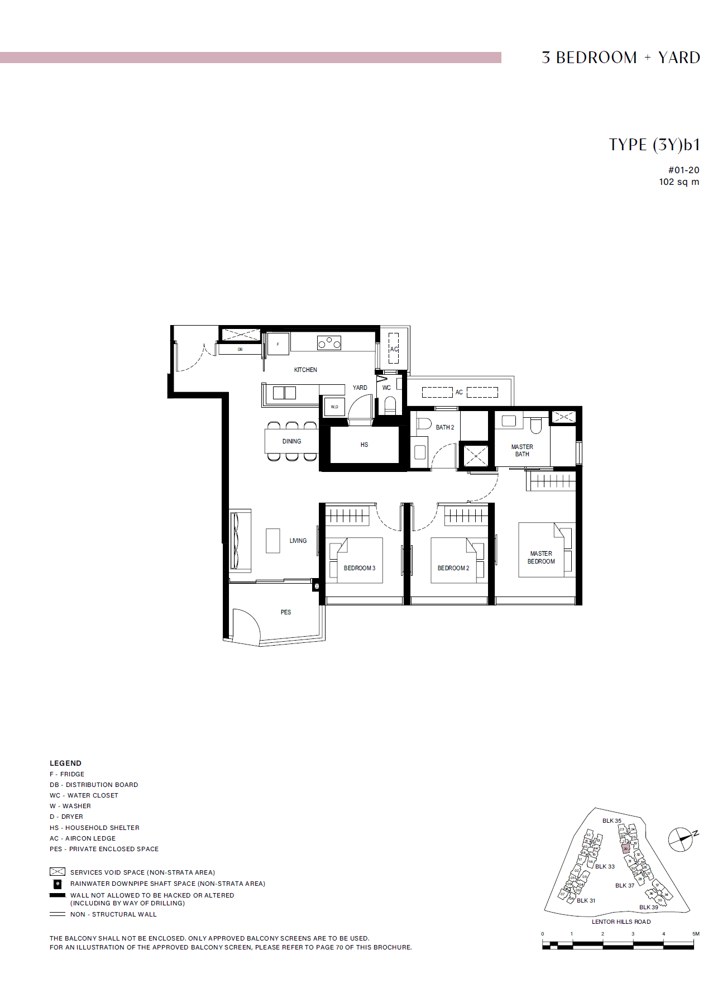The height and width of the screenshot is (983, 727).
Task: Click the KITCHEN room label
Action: pos(305,370)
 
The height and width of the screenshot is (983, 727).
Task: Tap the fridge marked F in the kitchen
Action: pos(278,344)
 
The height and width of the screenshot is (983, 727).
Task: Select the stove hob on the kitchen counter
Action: pos(329,342)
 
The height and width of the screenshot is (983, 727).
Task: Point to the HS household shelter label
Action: pos(364,445)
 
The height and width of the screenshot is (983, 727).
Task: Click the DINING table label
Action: pos(291,441)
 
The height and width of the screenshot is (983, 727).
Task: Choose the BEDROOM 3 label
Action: pos(360,568)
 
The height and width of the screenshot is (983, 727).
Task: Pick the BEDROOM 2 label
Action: pos(453,568)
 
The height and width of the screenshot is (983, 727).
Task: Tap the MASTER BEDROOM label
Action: pos(541,557)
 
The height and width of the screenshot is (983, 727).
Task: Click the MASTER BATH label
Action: pos(522,450)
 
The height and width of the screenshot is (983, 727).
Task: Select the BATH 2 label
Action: pos(445,427)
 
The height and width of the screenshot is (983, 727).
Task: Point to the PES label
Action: pos(286,612)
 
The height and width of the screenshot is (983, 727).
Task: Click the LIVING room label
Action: pos(298,541)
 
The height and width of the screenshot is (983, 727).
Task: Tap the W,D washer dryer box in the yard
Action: pos(334,407)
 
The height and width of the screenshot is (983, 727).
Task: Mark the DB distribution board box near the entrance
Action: pos(240,350)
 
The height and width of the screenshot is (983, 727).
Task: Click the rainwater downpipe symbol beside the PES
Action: pos(317,586)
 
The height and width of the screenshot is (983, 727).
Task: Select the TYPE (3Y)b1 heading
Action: pos(654,145)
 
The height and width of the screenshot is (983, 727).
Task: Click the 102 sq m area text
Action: pos(678,182)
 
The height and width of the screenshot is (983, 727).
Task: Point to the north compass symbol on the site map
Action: pos(681,839)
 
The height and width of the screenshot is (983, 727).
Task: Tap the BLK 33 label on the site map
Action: pos(605,867)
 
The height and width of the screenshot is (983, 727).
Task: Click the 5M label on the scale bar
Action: pos(696,934)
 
